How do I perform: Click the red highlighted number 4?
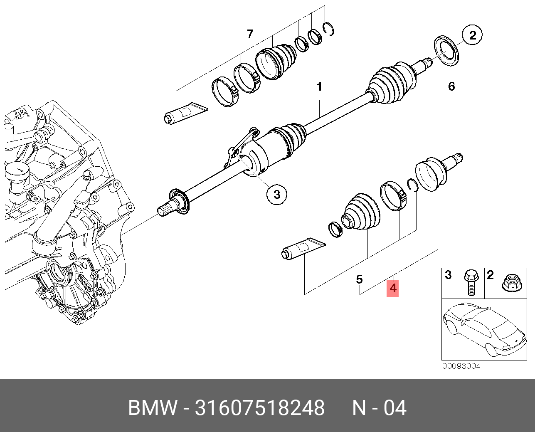392,288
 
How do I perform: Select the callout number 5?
360,279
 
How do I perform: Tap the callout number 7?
250,34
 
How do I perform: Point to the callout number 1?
319,87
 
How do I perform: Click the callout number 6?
451,86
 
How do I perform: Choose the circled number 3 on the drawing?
277,195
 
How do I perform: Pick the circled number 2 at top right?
473,35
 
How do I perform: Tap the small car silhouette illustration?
484,330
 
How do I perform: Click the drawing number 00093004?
461,366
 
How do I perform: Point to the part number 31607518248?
260,408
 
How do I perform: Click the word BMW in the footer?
153,408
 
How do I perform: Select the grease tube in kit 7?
185,113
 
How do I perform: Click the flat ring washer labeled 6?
446,52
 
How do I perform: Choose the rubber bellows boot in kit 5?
361,212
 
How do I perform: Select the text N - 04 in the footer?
379,408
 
